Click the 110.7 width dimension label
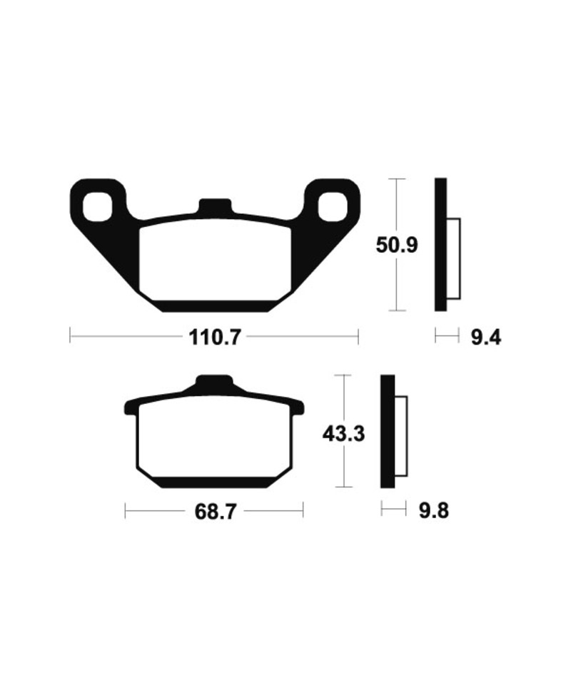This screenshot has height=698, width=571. (x=214, y=336)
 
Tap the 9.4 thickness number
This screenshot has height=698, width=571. (x=485, y=336)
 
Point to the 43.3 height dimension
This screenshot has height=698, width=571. (x=344, y=433)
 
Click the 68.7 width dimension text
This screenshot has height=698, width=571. (x=214, y=512)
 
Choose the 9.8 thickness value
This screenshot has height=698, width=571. (x=433, y=510)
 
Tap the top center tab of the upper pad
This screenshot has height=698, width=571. (x=215, y=206)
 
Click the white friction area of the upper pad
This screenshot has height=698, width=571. (x=214, y=261)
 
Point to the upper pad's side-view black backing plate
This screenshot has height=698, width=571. (x=440, y=245)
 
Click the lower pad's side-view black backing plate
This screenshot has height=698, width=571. (x=388, y=433)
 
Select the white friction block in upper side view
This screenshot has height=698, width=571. (x=453, y=258)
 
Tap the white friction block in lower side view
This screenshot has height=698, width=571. (x=400, y=437)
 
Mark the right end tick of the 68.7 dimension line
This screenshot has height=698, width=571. (x=303, y=511)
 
